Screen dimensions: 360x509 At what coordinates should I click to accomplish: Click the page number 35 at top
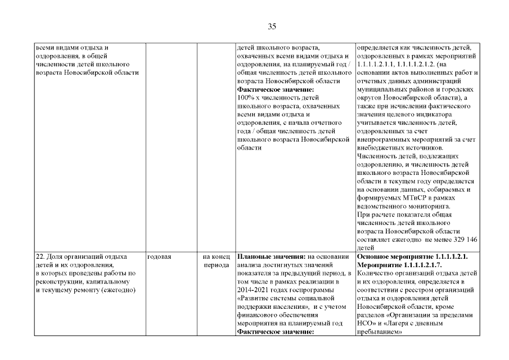[x=272, y=26]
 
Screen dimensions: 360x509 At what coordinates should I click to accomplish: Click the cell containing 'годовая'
[x=159, y=256]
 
